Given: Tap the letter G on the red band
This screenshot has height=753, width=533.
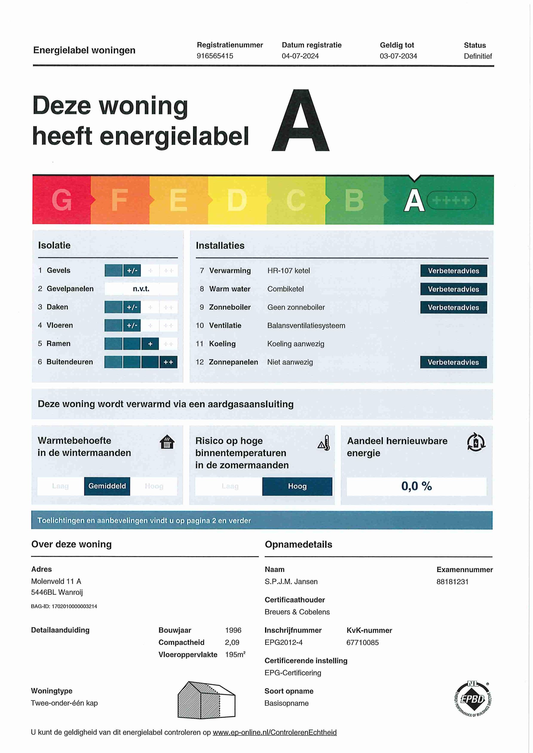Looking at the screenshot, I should click(x=61, y=200).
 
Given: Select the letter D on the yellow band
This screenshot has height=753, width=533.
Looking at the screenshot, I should click(x=237, y=200).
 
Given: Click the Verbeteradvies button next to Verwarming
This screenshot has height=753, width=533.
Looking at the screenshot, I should click(x=453, y=271).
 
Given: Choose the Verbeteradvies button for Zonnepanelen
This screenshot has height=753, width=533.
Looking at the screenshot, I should click(x=453, y=362).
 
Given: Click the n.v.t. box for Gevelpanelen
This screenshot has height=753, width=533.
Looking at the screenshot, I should click(x=141, y=289).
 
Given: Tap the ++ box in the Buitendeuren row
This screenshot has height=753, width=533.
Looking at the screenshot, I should click(x=168, y=362).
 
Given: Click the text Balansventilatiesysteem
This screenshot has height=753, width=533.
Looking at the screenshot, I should click(x=306, y=326).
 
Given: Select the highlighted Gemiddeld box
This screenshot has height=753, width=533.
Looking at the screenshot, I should click(x=107, y=486).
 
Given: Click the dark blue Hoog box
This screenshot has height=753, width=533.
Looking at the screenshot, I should click(x=297, y=486).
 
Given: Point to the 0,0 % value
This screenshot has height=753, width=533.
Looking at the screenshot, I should click(x=417, y=486).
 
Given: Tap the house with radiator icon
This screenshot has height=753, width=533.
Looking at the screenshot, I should click(x=167, y=442).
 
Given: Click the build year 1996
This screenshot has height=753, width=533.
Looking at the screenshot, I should click(x=233, y=630).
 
